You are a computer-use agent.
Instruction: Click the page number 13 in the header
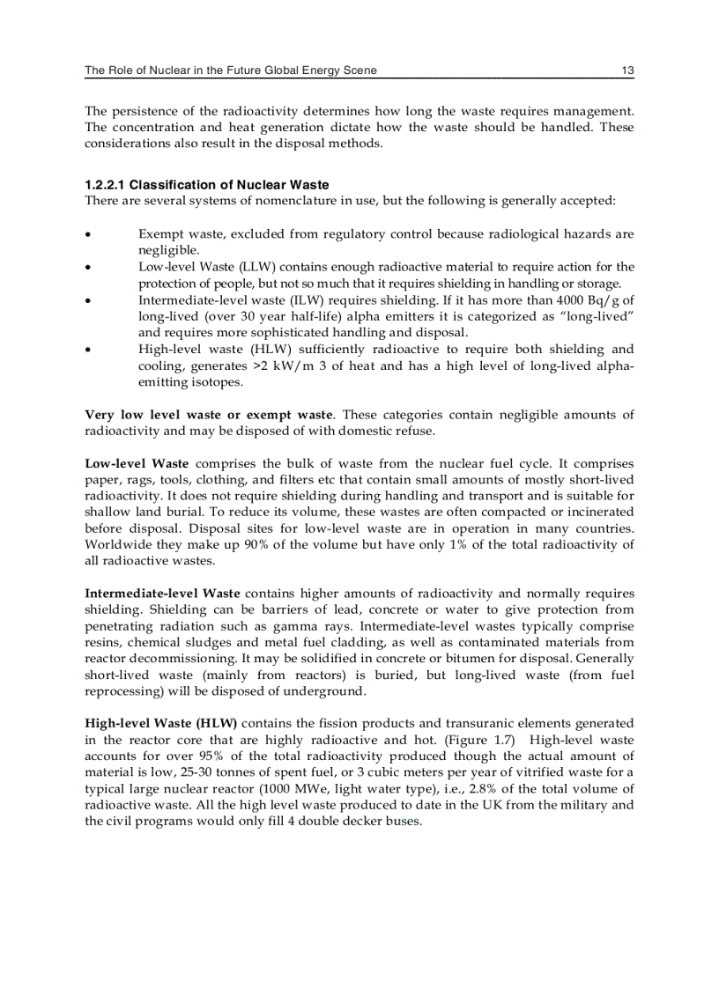click(x=626, y=70)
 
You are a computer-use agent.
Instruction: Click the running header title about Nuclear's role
click(x=225, y=70)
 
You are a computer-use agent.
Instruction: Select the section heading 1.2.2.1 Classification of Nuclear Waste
click(x=206, y=185)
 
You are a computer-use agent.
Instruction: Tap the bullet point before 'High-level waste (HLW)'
click(x=88, y=350)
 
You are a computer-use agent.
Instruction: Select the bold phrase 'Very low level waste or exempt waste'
click(x=209, y=415)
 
